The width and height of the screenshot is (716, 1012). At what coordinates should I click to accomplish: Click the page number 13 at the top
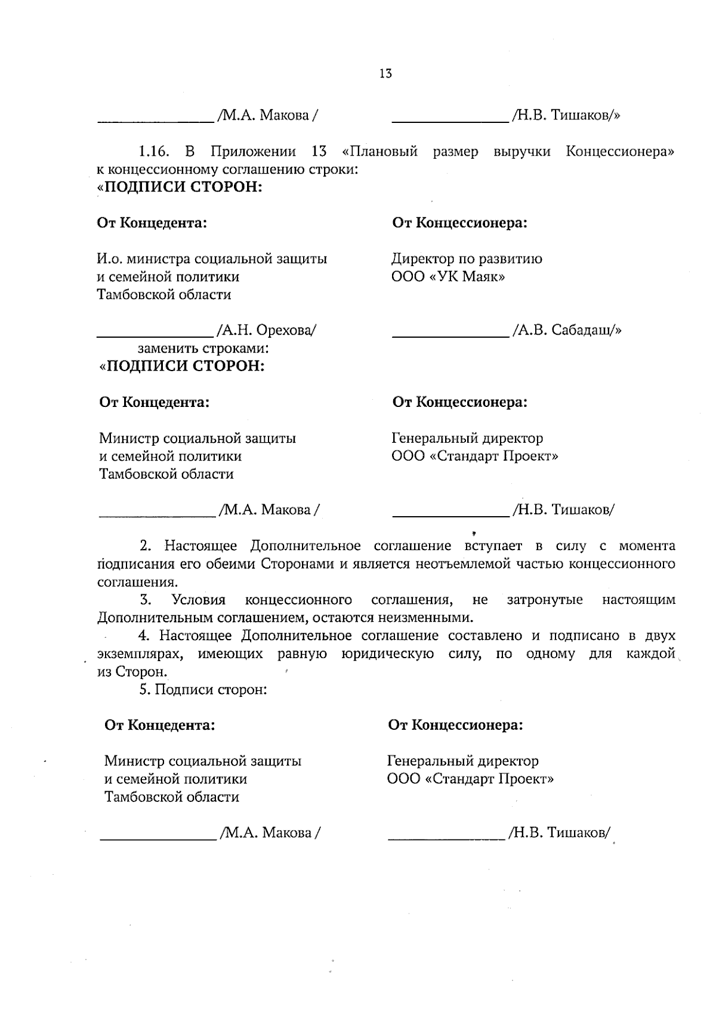[385, 74]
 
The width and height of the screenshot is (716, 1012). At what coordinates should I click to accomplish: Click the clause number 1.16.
[152, 152]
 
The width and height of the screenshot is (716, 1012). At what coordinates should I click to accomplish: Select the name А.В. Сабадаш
[566, 330]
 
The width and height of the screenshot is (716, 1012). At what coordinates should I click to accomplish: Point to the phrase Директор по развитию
[467, 259]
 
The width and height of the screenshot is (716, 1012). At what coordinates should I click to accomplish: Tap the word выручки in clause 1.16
[522, 152]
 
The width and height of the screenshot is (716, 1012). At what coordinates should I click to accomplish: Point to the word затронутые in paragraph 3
[545, 600]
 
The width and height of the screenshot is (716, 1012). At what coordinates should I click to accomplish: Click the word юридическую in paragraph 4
[387, 654]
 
